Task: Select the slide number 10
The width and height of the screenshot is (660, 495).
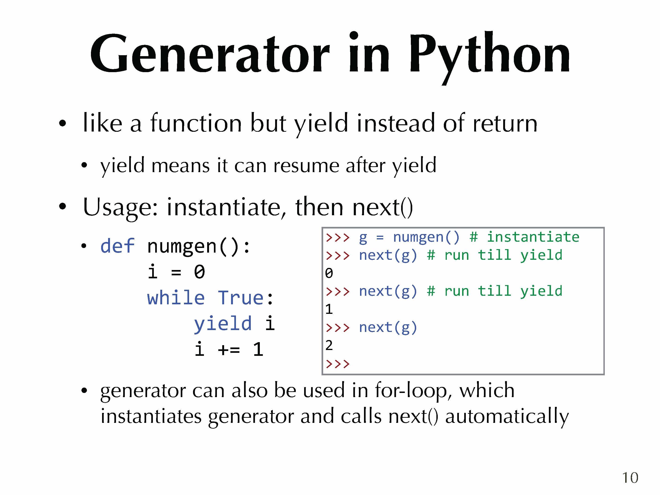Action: click(x=630, y=478)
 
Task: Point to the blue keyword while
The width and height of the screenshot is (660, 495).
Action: click(x=176, y=298)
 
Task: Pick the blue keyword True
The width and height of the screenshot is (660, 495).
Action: click(x=241, y=298)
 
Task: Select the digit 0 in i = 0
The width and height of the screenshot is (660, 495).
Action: click(x=199, y=272)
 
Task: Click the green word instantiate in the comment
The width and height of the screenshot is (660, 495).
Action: click(x=533, y=237)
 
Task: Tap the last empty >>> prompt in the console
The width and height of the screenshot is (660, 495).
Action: click(x=338, y=364)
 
